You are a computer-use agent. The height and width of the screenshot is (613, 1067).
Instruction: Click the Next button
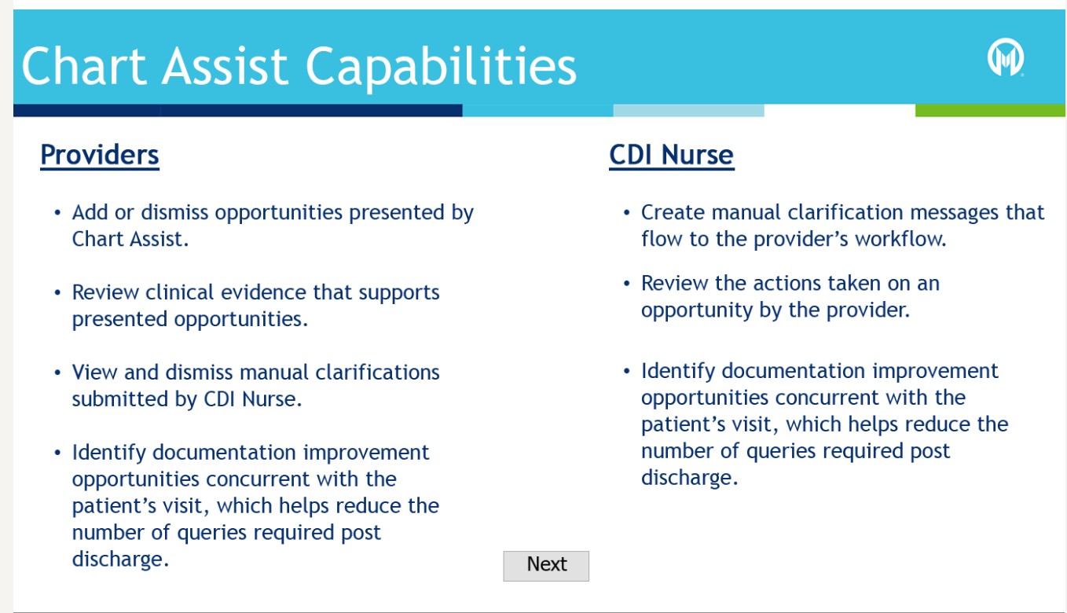click(x=546, y=566)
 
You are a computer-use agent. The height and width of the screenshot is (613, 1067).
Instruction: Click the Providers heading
click(x=100, y=155)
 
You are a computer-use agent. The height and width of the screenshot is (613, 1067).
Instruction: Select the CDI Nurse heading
click(x=672, y=155)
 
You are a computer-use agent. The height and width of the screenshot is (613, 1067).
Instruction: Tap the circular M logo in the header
click(x=1006, y=57)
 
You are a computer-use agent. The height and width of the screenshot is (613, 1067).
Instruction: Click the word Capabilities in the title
click(x=441, y=67)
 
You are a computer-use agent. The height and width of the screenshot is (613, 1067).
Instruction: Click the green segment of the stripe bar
click(x=990, y=110)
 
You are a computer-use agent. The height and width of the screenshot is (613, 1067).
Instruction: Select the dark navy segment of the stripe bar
click(x=238, y=110)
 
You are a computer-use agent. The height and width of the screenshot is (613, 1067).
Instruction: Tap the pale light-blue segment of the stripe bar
click(x=689, y=110)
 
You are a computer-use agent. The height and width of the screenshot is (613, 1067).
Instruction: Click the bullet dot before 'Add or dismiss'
click(x=57, y=212)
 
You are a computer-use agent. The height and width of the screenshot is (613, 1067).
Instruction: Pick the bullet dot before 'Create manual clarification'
click(x=627, y=212)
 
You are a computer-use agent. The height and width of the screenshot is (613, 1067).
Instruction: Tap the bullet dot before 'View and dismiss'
click(x=57, y=373)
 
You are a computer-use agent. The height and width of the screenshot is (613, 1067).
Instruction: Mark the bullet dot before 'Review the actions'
click(x=627, y=284)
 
